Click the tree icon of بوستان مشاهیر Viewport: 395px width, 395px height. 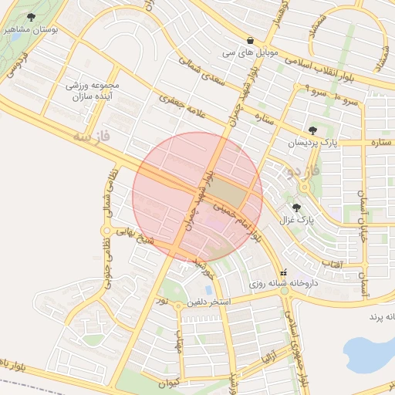click(31, 17)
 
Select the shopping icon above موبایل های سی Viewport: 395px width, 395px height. click(250, 41)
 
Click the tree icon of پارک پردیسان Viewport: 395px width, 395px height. click(312, 130)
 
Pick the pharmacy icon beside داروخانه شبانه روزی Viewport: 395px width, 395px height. click(283, 272)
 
